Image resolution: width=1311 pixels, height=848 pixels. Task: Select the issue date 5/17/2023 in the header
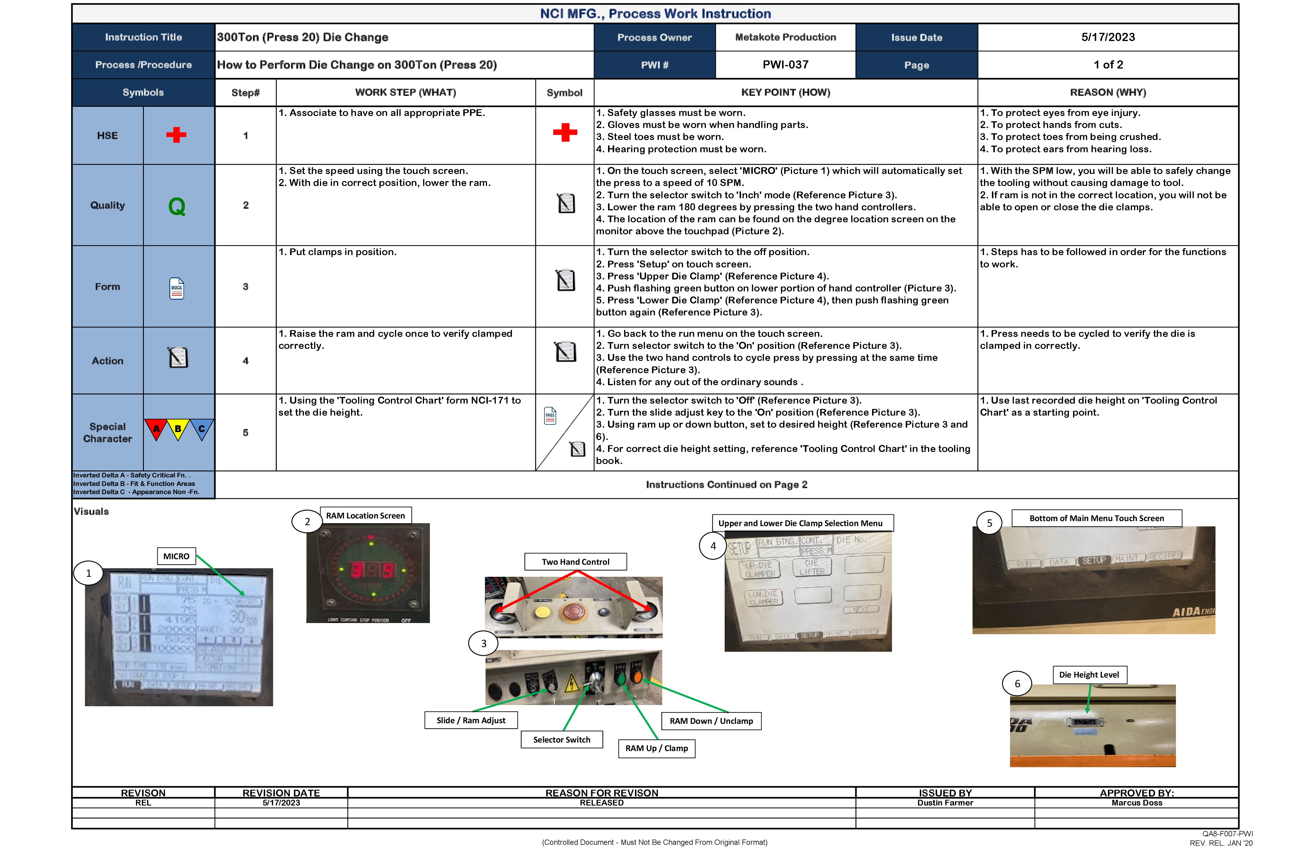[1108, 37]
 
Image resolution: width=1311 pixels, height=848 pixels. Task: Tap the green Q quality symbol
[177, 207]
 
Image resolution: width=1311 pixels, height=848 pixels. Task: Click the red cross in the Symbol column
[565, 133]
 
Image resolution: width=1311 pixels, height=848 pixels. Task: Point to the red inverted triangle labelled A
[156, 429]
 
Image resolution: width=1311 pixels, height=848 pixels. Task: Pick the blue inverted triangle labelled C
[202, 429]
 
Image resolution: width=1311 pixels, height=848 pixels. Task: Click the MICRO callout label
[176, 556]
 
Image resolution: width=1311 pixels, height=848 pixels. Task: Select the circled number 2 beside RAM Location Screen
[307, 521]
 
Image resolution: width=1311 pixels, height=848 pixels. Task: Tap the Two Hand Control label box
[576, 562]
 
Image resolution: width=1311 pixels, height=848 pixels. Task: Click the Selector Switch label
[561, 740]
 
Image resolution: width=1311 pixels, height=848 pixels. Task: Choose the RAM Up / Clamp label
[657, 748]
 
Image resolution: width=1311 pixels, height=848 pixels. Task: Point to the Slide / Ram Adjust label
[471, 720]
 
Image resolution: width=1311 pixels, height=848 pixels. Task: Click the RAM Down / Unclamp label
[711, 721]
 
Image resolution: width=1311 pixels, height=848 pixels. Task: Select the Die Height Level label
[1089, 675]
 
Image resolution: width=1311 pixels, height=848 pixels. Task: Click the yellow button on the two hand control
[543, 611]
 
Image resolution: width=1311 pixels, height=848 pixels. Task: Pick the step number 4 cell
[246, 361]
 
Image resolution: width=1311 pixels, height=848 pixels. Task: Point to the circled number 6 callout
[1017, 683]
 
